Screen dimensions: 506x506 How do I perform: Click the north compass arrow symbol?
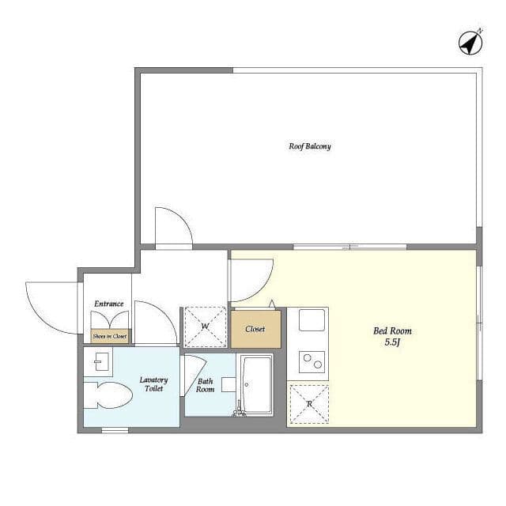coord(470,43)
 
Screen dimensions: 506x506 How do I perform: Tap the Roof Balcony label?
coord(310,146)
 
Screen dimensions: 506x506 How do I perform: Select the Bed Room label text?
coord(392,330)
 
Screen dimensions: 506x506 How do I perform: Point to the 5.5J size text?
coord(392,342)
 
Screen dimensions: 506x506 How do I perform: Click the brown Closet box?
coord(255,329)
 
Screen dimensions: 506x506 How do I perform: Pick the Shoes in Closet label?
coord(110,336)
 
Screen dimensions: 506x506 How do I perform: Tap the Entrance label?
coord(109,304)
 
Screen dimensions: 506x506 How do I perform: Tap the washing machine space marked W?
coord(205,327)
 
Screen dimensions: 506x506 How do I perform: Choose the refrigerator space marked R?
coord(309,404)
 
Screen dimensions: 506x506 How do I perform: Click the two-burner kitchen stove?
coord(312,362)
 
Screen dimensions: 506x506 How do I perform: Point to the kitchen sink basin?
coord(312,319)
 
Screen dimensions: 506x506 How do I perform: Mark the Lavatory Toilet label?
coord(153,384)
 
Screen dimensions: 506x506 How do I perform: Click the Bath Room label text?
coord(206,385)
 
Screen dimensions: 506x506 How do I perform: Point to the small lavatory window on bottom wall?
coord(115,430)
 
